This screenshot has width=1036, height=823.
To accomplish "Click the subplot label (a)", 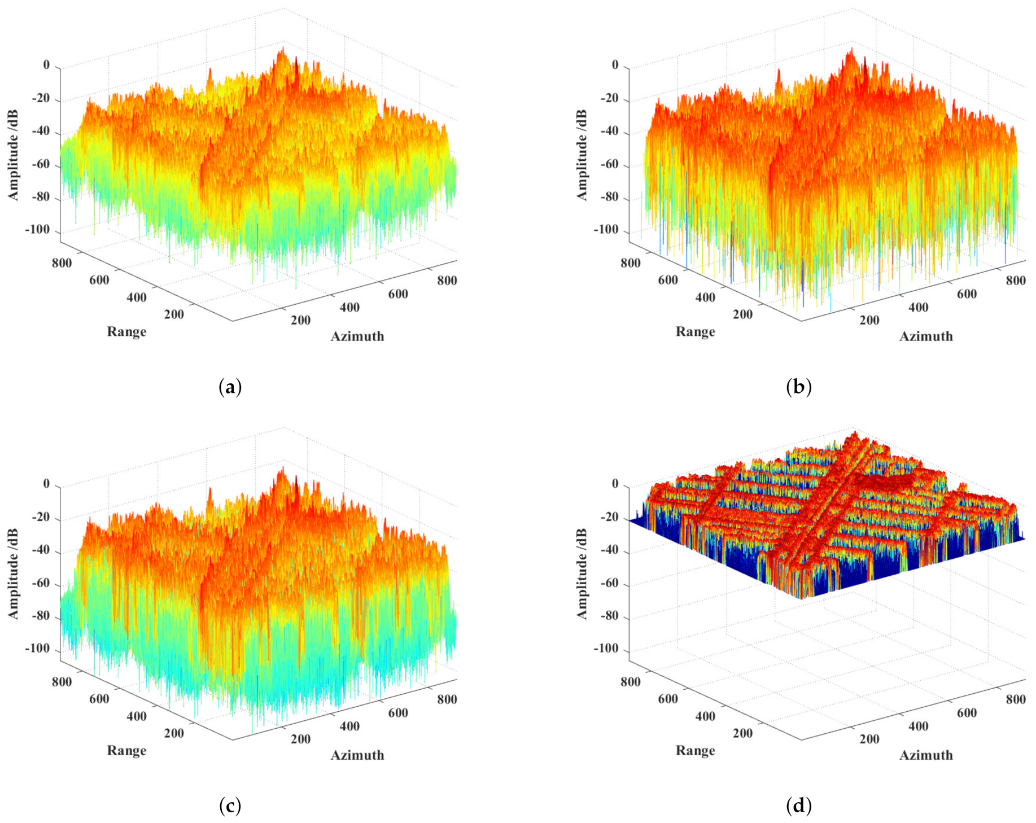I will [x=230, y=387].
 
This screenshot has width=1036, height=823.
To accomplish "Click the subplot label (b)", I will [x=798, y=387].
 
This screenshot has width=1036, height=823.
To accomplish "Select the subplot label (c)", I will [x=230, y=806].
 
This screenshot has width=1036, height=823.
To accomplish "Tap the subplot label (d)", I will [x=798, y=806].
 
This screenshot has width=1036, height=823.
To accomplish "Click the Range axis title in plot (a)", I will [x=126, y=332].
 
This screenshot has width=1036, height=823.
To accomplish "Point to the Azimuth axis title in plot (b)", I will [x=926, y=336].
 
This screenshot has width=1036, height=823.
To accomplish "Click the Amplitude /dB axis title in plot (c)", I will [x=14, y=574].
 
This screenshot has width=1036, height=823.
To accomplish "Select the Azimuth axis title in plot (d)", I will [x=926, y=755].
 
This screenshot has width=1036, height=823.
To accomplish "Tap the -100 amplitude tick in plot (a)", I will [x=37, y=230].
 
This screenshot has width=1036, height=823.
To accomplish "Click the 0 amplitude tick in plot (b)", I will [x=615, y=65].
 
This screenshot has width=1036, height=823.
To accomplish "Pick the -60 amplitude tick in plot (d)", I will [x=607, y=584].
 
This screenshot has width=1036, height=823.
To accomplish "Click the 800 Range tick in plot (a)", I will [x=62, y=263].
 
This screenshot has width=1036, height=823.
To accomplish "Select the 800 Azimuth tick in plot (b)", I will [x=1016, y=281].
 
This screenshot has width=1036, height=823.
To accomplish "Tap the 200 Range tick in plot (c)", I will [x=174, y=733].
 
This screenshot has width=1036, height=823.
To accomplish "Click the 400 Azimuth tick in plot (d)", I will [x=919, y=726].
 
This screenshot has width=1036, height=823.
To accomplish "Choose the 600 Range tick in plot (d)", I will [x=668, y=699].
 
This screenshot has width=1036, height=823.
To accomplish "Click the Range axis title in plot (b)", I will [x=695, y=332].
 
